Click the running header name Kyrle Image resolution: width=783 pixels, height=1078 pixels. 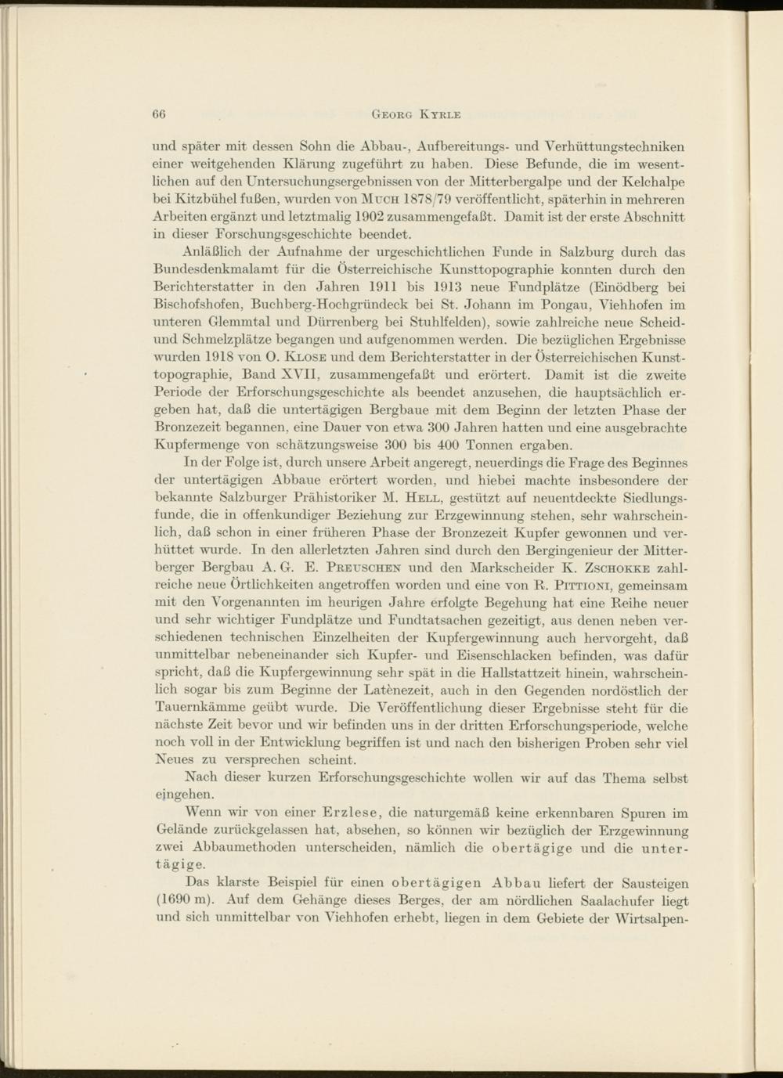click(440, 114)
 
